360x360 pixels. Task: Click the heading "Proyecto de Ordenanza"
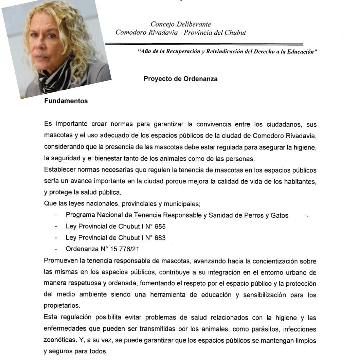[x=180, y=79]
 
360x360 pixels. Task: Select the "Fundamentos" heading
[x=66, y=101]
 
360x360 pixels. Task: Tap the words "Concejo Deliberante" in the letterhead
[x=181, y=24]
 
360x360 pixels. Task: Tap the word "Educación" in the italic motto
[x=297, y=52]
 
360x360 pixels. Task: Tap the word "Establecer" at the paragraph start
[x=59, y=170]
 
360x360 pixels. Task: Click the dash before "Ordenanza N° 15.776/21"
[x=56, y=249]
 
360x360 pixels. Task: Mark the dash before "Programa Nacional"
[x=56, y=215]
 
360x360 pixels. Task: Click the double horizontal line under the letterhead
[x=204, y=44]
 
